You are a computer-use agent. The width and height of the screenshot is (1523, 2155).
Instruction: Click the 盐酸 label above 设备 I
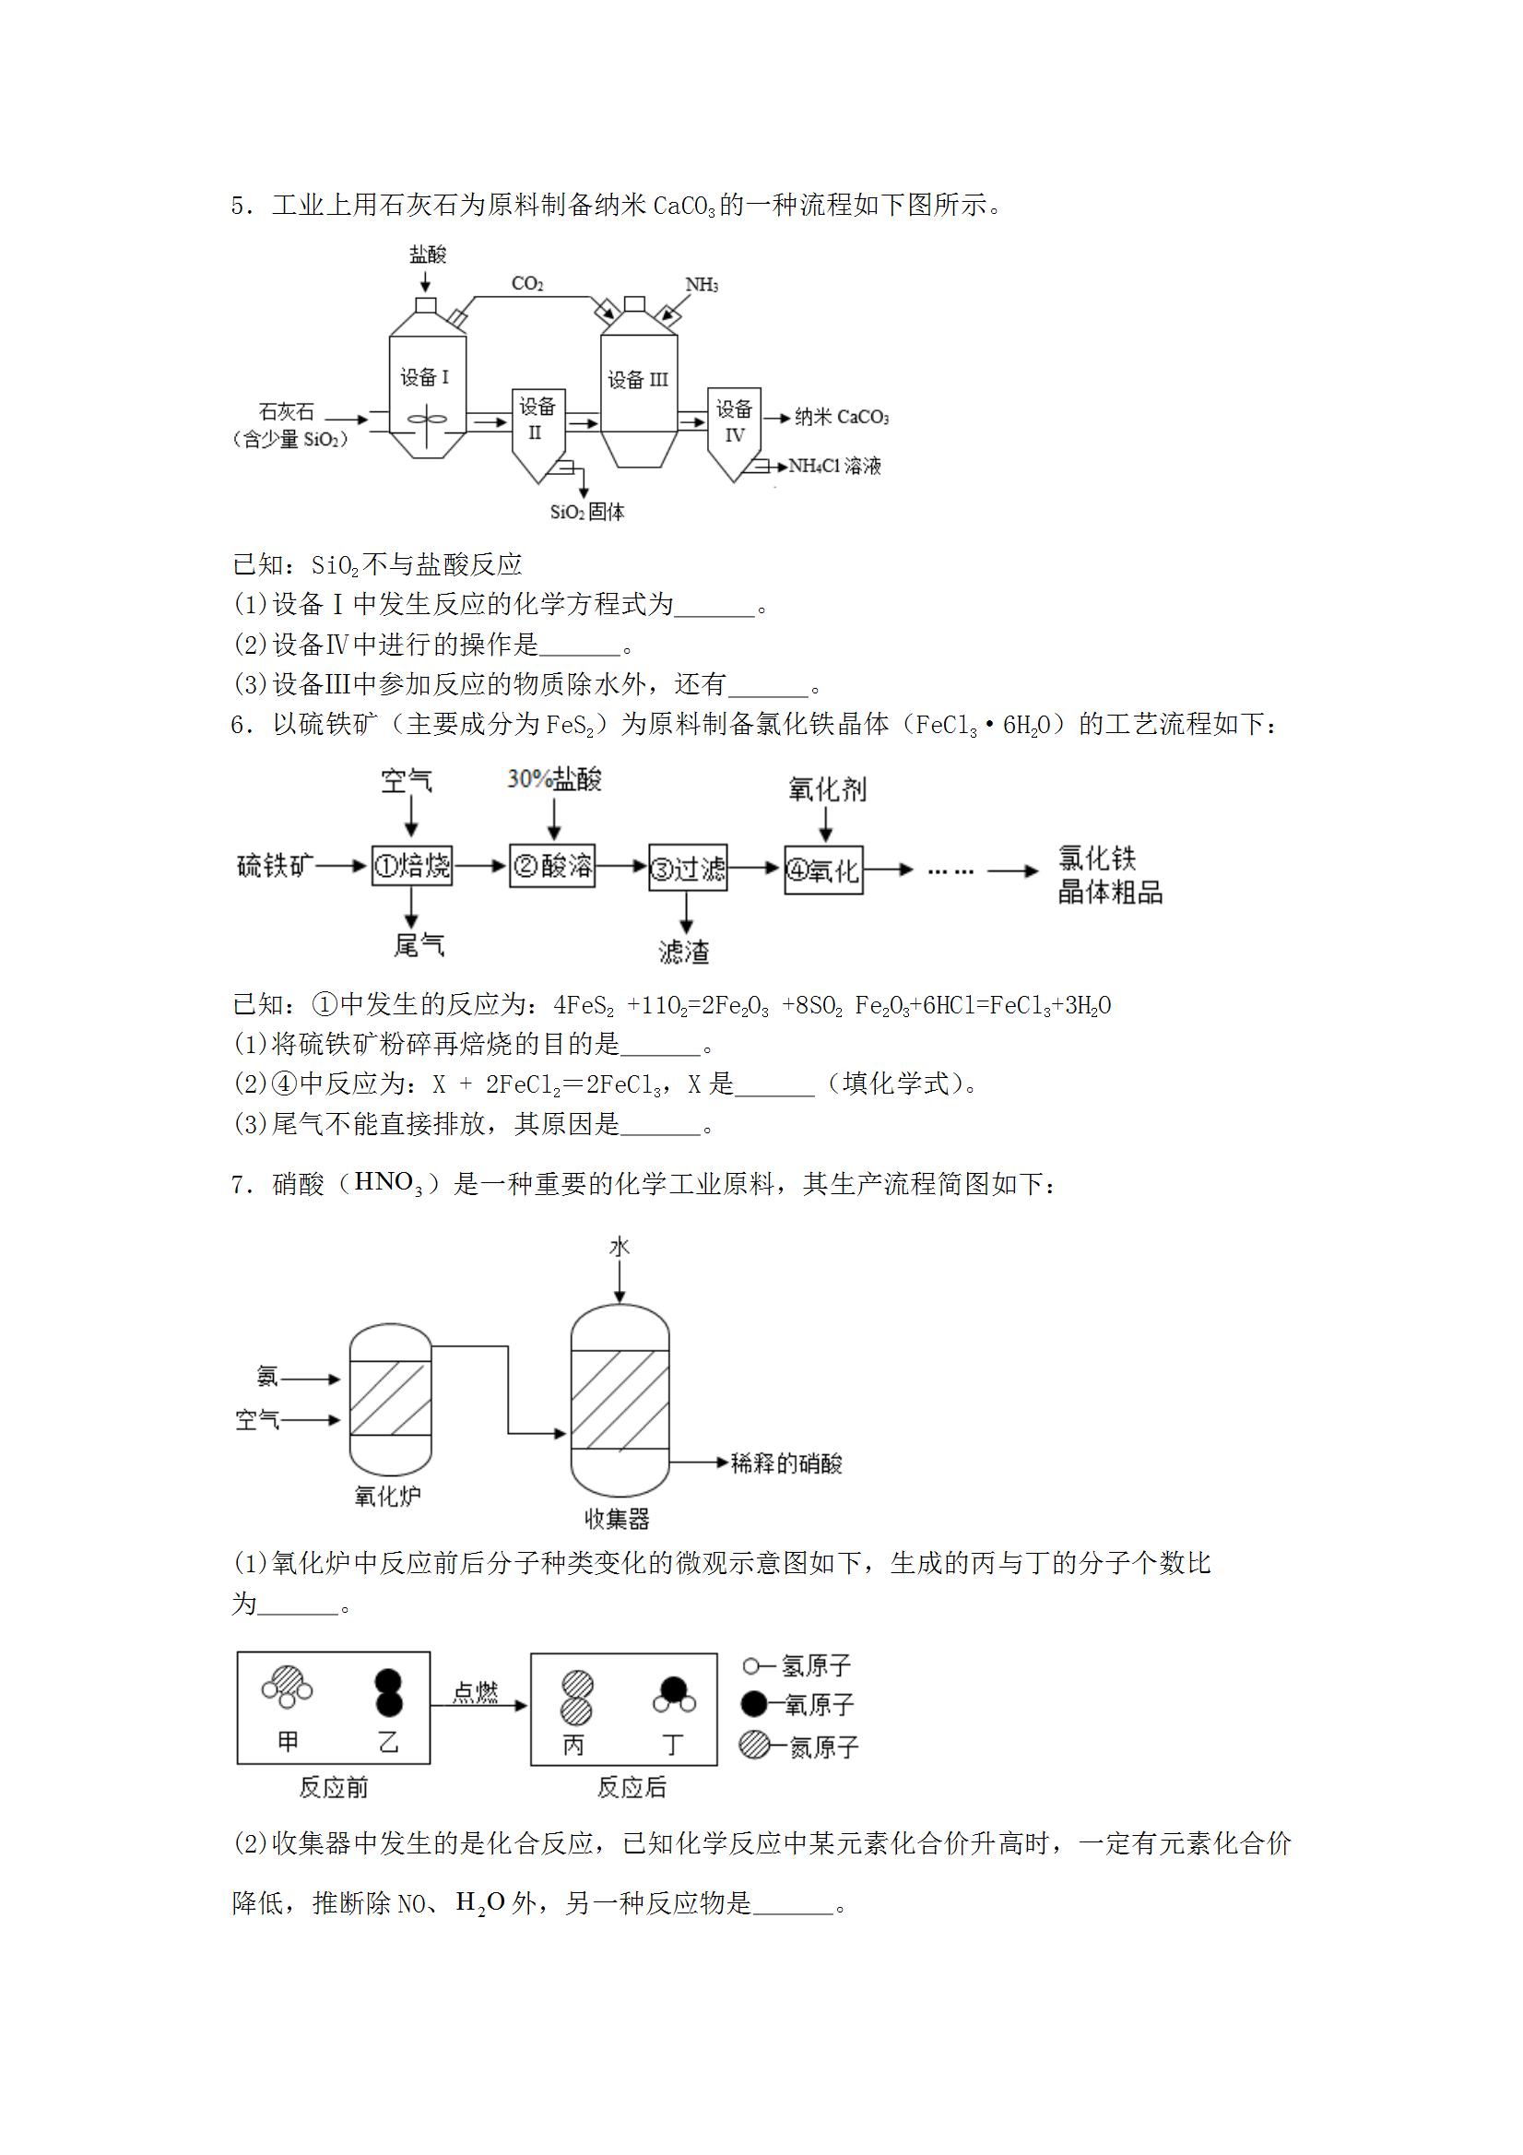(428, 254)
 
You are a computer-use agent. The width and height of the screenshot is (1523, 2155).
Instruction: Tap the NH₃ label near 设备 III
(702, 284)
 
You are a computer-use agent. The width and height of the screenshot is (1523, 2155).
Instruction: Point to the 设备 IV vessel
(735, 433)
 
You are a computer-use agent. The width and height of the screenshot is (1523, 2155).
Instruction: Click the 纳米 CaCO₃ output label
(842, 417)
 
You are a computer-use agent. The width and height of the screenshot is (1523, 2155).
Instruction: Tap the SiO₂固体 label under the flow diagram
(587, 513)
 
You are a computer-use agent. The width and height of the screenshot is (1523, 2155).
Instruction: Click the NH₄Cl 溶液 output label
(835, 466)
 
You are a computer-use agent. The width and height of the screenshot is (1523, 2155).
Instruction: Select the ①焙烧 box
(412, 865)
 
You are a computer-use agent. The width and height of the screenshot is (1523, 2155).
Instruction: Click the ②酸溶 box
(553, 864)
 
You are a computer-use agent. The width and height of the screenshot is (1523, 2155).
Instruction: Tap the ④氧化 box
(824, 870)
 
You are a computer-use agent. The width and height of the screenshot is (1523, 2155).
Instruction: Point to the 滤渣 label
(684, 952)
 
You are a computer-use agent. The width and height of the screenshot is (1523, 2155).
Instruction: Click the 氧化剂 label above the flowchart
(828, 789)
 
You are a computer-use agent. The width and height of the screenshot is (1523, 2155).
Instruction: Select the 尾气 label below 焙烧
(419, 944)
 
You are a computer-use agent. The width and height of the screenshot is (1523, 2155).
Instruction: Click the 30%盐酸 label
(555, 779)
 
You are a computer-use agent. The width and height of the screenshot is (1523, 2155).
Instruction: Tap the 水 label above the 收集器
(620, 1247)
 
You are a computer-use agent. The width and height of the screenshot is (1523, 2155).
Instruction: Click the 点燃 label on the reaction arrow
(476, 1692)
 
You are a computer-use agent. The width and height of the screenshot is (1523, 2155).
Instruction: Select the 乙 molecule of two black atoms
(387, 1692)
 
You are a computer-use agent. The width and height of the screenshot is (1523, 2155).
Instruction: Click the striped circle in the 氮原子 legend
(754, 1745)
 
